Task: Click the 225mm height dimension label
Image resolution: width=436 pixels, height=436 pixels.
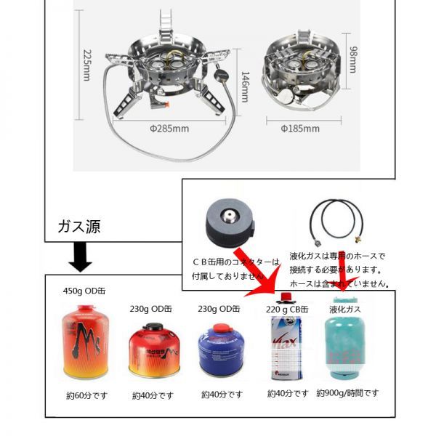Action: (x=86, y=65)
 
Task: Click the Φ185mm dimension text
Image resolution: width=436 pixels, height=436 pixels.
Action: (x=300, y=129)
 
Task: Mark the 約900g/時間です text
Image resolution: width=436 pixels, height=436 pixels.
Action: (x=347, y=393)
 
